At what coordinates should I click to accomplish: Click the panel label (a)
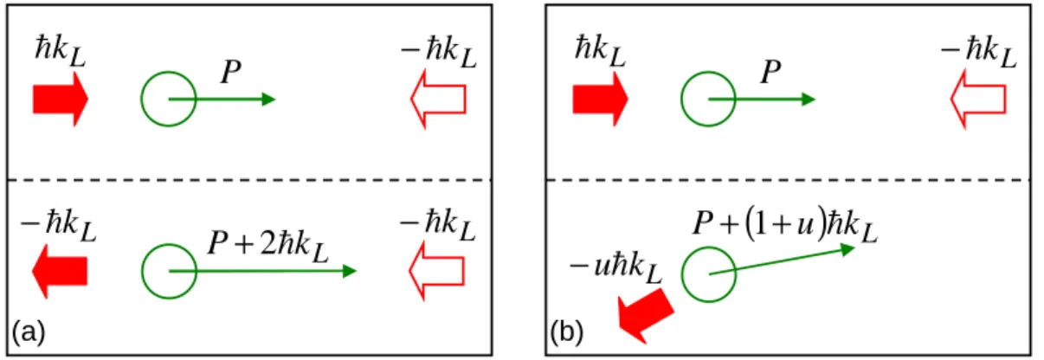click(x=29, y=332)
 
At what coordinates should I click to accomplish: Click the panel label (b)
click(x=567, y=332)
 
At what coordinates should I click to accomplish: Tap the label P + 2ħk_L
click(x=268, y=247)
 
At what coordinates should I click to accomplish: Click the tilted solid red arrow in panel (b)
click(x=645, y=315)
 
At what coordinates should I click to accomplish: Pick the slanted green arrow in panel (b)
click(x=782, y=260)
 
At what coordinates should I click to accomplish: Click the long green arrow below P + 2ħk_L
click(x=262, y=271)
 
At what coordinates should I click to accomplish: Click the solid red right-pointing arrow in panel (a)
click(x=61, y=100)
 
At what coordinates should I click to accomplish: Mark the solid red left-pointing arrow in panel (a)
click(x=60, y=271)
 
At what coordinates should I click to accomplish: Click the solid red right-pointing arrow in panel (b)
click(x=600, y=100)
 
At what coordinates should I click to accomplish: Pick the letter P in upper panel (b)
click(x=770, y=72)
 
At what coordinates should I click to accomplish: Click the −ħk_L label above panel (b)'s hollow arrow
click(x=979, y=52)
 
